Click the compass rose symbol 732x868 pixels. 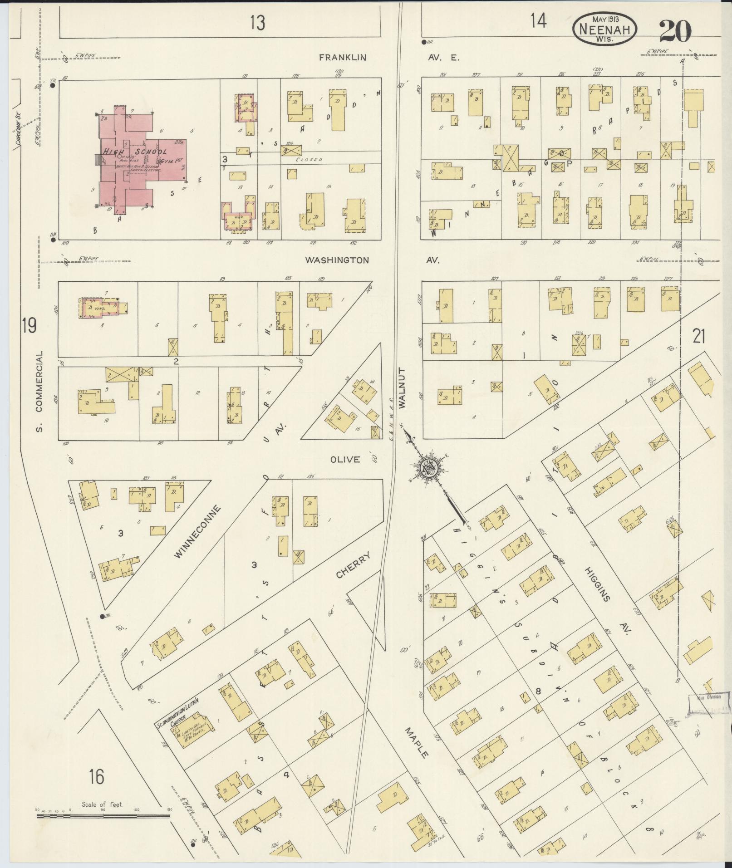428,469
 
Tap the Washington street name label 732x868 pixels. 337,260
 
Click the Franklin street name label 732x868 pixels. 342,58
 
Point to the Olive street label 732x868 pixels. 345,460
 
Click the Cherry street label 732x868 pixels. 354,565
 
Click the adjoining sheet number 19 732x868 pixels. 29,326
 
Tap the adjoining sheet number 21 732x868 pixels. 699,337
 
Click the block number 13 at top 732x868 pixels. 257,22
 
